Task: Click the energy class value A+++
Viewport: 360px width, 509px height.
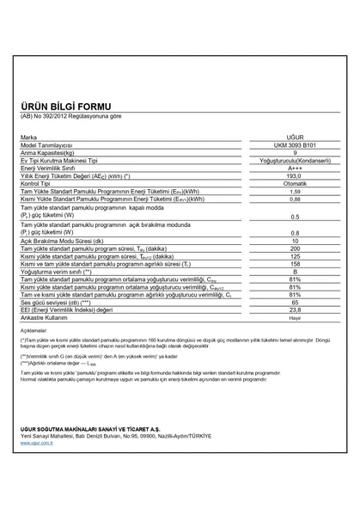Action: coord(295,168)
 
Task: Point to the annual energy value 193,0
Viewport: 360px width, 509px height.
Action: coord(295,175)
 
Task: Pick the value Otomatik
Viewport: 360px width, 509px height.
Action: coord(295,183)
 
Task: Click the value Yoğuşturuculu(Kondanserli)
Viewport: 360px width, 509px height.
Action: coord(295,160)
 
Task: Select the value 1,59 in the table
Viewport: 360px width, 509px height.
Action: coord(295,191)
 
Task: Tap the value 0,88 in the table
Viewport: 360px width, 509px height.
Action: coord(295,199)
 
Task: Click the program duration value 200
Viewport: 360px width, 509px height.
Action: coord(295,248)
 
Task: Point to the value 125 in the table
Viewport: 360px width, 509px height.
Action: coord(295,256)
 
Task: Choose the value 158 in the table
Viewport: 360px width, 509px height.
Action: coord(295,264)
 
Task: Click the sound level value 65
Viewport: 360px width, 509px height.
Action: coord(295,302)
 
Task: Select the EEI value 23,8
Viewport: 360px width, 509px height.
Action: coord(295,310)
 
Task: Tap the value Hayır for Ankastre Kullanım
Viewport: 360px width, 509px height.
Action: coord(295,317)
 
